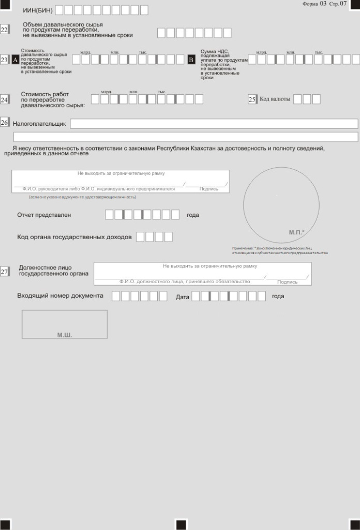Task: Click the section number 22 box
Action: pyautogui.click(x=4, y=30)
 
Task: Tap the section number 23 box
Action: pyautogui.click(x=4, y=60)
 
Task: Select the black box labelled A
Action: pyautogui.click(x=15, y=60)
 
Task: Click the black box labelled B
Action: pyautogui.click(x=191, y=60)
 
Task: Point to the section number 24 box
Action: pyautogui.click(x=4, y=99)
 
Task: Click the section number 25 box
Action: pyautogui.click(x=252, y=99)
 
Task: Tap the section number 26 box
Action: pyautogui.click(x=4, y=123)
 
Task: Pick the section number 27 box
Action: pyautogui.click(x=4, y=272)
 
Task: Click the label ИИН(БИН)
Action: pyautogui.click(x=38, y=10)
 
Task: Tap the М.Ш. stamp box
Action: pyautogui.click(x=65, y=325)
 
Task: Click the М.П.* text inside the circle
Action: pyautogui.click(x=296, y=232)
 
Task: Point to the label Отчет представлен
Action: pyautogui.click(x=44, y=215)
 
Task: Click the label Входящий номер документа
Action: pyautogui.click(x=60, y=296)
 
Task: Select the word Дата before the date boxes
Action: pyautogui.click(x=183, y=297)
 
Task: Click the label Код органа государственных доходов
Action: pyautogui.click(x=74, y=237)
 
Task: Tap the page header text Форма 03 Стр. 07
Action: pyautogui.click(x=324, y=4)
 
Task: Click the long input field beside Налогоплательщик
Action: pyautogui.click(x=214, y=124)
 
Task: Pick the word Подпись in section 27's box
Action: pyautogui.click(x=288, y=282)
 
